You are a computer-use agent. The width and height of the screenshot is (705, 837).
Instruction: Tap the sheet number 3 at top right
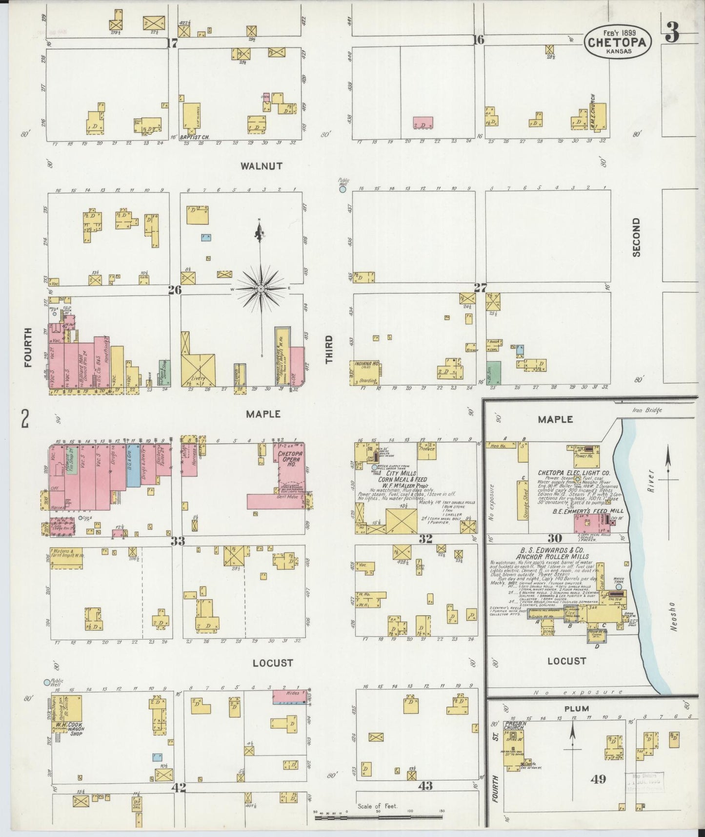tap(672, 33)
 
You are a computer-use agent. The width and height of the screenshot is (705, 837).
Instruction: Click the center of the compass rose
tap(261, 289)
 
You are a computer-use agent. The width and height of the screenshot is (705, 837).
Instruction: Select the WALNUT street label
tap(262, 166)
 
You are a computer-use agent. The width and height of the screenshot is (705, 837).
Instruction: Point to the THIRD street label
tap(329, 349)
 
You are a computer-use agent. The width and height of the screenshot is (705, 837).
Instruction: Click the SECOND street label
tap(635, 237)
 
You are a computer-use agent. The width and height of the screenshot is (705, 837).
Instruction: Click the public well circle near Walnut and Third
tap(343, 189)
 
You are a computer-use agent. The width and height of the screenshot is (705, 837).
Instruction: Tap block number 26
tap(175, 290)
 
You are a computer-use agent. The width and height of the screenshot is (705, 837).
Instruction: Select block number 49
tap(599, 779)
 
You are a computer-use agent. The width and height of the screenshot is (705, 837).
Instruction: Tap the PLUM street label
tap(578, 709)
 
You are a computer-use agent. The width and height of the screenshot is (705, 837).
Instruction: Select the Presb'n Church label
tap(514, 725)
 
